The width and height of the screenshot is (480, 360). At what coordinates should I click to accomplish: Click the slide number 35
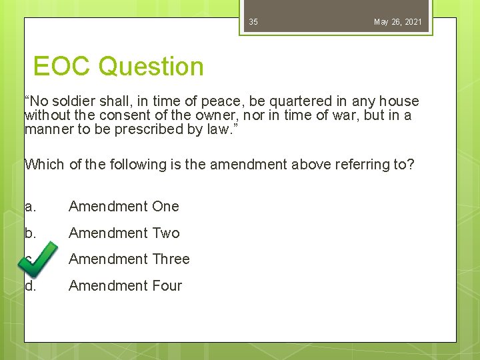(x=253, y=22)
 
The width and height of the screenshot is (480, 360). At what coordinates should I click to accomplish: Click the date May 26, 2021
(x=397, y=22)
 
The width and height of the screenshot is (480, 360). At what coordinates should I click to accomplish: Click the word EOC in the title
(x=63, y=67)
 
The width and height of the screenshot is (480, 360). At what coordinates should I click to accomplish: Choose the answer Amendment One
(x=123, y=207)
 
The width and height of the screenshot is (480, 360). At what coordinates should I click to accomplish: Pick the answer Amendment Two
(x=124, y=233)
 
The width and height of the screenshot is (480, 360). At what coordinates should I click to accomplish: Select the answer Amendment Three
(x=129, y=259)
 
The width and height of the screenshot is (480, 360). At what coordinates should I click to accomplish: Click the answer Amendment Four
(x=125, y=285)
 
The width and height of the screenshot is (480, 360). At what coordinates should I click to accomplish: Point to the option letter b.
(x=29, y=233)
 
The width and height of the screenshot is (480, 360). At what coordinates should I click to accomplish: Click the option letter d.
(x=29, y=285)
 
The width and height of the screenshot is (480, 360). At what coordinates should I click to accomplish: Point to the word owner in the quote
(x=225, y=115)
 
